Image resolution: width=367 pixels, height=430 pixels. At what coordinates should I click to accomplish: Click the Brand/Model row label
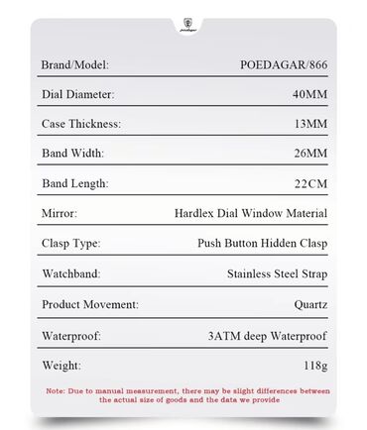tap(74, 64)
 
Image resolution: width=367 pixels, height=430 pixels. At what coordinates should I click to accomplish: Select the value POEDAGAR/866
tap(284, 64)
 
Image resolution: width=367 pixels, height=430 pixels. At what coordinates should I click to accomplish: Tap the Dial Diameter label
tap(78, 94)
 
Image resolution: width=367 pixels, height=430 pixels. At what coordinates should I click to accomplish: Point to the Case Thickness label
tap(81, 124)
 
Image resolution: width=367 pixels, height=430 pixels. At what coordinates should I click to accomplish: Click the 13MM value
tap(307, 124)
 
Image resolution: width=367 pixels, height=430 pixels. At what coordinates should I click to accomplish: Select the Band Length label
tap(74, 183)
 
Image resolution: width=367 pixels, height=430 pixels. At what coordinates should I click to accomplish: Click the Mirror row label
tap(59, 213)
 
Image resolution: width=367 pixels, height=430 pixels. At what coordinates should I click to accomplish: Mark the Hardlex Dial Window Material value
tap(251, 213)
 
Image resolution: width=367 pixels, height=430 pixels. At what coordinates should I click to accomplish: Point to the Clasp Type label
tap(70, 243)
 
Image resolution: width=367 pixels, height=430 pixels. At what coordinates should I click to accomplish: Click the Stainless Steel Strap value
tap(277, 272)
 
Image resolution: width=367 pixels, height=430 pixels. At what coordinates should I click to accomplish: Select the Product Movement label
tap(90, 304)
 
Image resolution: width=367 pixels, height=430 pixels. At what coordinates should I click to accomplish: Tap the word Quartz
tap(307, 304)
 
